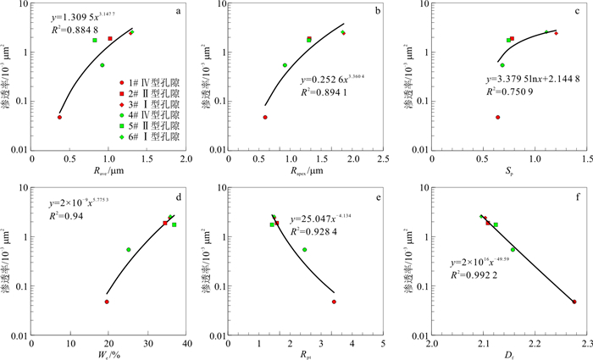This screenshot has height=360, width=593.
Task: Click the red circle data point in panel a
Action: coord(59,117)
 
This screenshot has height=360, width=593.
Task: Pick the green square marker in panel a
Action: coord(95,40)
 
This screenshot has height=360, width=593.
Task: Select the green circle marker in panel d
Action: coord(129,250)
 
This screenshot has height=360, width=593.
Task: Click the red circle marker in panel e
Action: coord(335,302)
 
